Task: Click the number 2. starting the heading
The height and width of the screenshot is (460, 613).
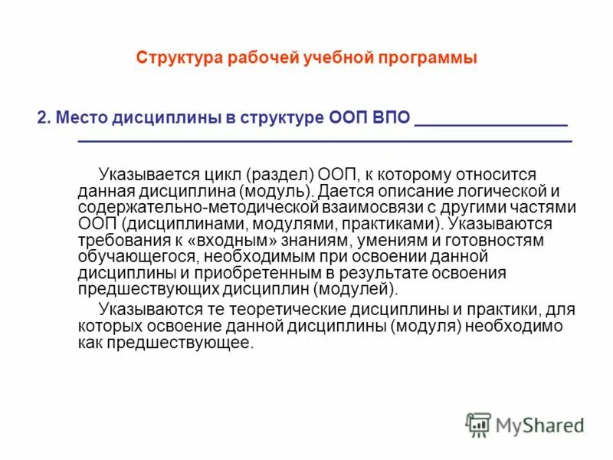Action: click(x=44, y=120)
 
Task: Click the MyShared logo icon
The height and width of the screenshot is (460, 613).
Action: click(x=479, y=424)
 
